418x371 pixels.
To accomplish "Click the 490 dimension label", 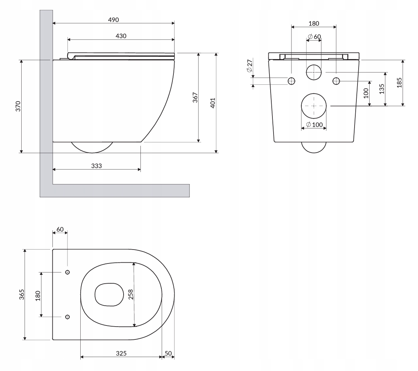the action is pyautogui.click(x=113, y=20).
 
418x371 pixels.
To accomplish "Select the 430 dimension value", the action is pyautogui.click(x=121, y=36).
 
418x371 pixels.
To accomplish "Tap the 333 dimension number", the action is pyautogui.click(x=96, y=166).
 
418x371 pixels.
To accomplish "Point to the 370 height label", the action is pyautogui.click(x=18, y=106).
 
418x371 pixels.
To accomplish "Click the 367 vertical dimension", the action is pyautogui.click(x=195, y=97).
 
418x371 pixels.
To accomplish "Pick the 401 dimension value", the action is pyautogui.click(x=213, y=103).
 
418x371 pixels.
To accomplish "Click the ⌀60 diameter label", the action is pyautogui.click(x=314, y=37).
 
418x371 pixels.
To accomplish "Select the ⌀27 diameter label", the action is pyautogui.click(x=250, y=66).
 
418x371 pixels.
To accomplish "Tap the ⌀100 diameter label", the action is pyautogui.click(x=314, y=124).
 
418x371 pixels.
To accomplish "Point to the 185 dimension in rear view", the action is pyautogui.click(x=399, y=83).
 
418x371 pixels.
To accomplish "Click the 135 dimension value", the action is pyautogui.click(x=382, y=89).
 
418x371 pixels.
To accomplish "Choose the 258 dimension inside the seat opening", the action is pyautogui.click(x=131, y=294).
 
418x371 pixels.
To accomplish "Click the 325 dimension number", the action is pyautogui.click(x=121, y=353).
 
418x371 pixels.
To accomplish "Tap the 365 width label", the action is pyautogui.click(x=22, y=294).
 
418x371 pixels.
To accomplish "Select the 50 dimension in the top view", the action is pyautogui.click(x=168, y=353).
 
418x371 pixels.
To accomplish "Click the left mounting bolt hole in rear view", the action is pyautogui.click(x=291, y=81).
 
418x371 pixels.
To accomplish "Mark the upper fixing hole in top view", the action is pyautogui.click(x=67, y=272).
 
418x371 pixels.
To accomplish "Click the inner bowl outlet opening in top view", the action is pyautogui.click(x=95, y=294).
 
